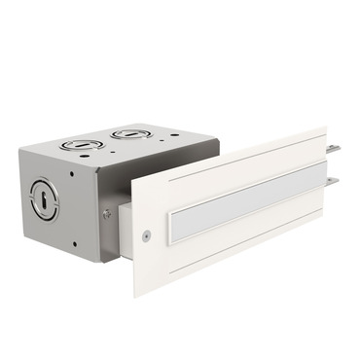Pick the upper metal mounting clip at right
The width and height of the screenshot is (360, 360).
[x=334, y=149]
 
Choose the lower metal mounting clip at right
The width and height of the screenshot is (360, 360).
[x=333, y=181]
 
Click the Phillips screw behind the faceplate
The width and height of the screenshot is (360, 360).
[x=106, y=214]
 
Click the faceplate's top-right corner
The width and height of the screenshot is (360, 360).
[x=325, y=128]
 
